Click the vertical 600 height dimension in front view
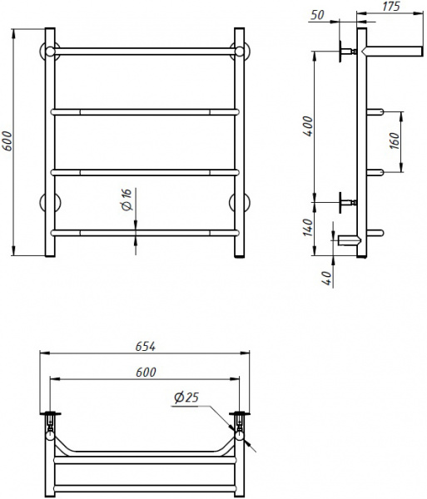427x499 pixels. pos(8,142)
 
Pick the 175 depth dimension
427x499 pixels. pos(391,7)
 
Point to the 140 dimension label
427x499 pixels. pos(307,225)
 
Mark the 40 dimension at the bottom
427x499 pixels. pos(327,277)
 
